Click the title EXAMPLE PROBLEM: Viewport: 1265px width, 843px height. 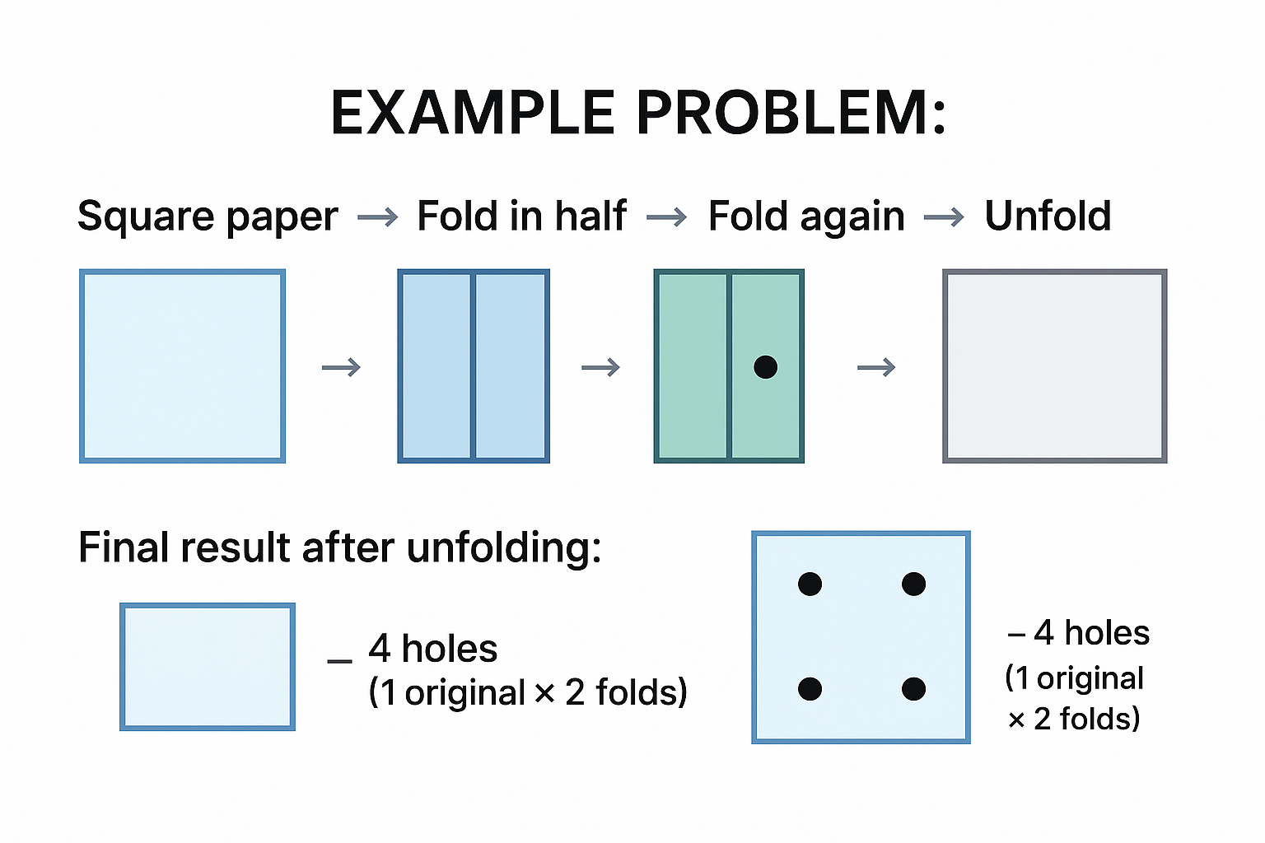click(x=638, y=113)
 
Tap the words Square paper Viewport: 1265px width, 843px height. click(x=208, y=217)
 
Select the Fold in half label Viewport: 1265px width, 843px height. click(x=521, y=217)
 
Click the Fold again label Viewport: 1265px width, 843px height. click(x=806, y=217)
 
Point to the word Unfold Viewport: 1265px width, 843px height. click(x=1048, y=217)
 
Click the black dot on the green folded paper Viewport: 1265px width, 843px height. click(x=765, y=367)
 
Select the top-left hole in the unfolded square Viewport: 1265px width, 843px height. click(x=810, y=585)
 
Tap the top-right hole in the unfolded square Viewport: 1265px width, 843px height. click(x=913, y=585)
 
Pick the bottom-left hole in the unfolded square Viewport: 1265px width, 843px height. click(x=810, y=689)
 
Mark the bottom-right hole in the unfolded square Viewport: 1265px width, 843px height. click(x=913, y=689)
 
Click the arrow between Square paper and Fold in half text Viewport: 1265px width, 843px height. click(x=378, y=218)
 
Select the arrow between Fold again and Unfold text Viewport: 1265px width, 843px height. click(x=944, y=218)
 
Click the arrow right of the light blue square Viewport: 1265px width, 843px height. click(x=341, y=367)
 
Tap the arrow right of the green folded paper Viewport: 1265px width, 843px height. click(x=876, y=367)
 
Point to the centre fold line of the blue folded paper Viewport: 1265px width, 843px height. click(x=473, y=366)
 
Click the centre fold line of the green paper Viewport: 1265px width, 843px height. click(x=729, y=366)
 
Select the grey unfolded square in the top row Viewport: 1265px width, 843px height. click(x=1054, y=366)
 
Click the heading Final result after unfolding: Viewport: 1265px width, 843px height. click(x=339, y=547)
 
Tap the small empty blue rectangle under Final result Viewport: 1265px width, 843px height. click(x=208, y=667)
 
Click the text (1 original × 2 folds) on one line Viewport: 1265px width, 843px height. click(x=527, y=692)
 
